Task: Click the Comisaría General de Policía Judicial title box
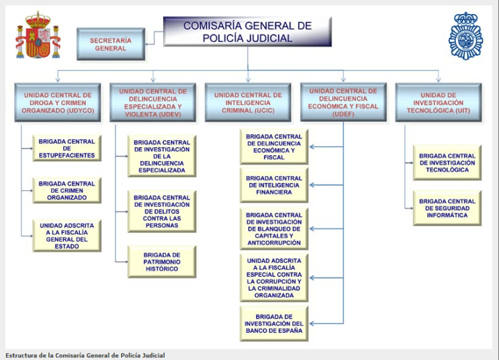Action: click(x=247, y=31)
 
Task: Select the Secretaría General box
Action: click(x=110, y=44)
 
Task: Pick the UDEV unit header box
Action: click(x=152, y=102)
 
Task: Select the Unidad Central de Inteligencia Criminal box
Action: click(x=248, y=102)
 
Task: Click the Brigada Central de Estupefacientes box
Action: click(x=67, y=148)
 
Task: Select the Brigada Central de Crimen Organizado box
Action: click(x=67, y=190)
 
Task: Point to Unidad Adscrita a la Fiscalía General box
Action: click(x=67, y=236)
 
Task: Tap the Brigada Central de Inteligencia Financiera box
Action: click(x=273, y=185)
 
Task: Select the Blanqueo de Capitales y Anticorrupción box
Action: click(x=273, y=229)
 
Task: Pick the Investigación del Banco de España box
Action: click(x=273, y=323)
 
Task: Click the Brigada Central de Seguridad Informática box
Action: click(x=447, y=208)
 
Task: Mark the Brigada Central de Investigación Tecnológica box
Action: click(x=447, y=162)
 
